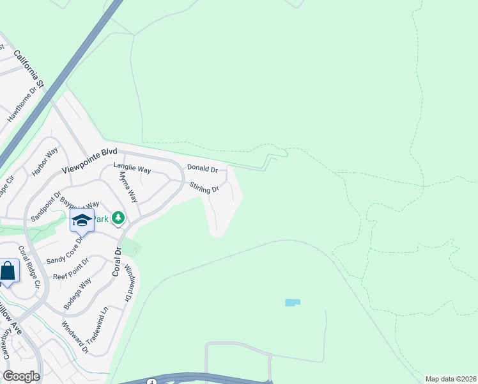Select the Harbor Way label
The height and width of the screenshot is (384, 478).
point(45,163)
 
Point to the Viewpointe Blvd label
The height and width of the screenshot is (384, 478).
point(90,161)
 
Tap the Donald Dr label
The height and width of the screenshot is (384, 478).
point(203,168)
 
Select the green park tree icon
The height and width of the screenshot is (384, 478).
point(118,219)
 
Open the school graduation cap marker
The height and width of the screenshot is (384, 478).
point(82,221)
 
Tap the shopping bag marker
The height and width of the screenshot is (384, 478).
point(8,271)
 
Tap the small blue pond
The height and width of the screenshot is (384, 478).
point(292,302)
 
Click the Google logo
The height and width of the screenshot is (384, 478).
point(21,376)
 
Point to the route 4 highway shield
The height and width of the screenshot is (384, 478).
point(151,381)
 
